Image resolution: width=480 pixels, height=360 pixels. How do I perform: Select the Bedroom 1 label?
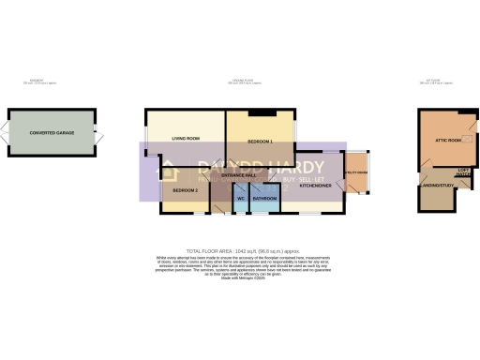(260, 141)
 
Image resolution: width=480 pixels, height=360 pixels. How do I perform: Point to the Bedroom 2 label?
(184, 191)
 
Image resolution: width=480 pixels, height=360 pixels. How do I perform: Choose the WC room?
(240, 199)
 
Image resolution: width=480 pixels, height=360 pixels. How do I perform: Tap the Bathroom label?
(263, 199)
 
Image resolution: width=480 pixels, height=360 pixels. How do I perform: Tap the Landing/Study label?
(439, 185)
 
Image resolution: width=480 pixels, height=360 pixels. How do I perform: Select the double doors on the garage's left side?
(5, 135)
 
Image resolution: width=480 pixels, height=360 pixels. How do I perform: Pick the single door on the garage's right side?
(97, 135)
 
